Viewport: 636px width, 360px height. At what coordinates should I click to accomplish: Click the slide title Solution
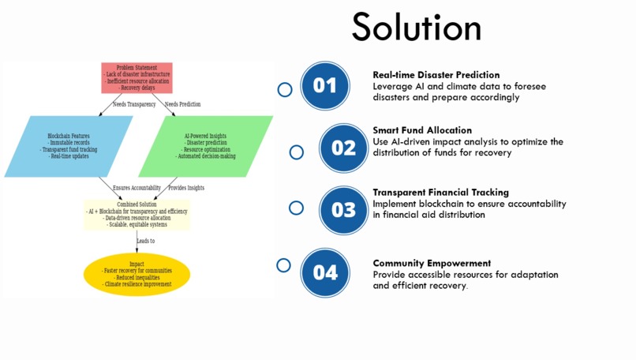tap(417, 28)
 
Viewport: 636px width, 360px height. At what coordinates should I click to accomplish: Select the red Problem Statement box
tap(137, 77)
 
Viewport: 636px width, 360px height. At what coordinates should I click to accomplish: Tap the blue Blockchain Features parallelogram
tap(69, 146)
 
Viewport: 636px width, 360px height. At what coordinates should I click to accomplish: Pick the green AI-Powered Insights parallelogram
tap(205, 146)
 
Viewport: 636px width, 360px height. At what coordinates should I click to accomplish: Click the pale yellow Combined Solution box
tap(137, 215)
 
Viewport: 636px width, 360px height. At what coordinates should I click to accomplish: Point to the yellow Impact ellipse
tap(137, 274)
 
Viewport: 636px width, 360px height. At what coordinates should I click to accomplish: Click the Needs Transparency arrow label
tap(134, 104)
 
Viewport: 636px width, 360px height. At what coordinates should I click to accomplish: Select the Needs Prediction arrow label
tap(182, 104)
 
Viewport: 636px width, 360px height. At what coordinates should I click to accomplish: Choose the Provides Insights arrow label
tap(186, 188)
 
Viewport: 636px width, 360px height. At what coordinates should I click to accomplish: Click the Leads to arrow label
tap(145, 241)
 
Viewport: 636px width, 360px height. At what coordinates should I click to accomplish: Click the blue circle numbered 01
tap(324, 85)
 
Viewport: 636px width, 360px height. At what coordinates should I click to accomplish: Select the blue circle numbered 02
tap(343, 148)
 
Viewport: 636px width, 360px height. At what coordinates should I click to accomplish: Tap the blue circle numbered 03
tap(343, 210)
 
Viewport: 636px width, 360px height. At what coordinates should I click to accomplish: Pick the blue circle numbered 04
tap(324, 272)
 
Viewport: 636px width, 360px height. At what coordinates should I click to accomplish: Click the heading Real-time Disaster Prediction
tap(436, 75)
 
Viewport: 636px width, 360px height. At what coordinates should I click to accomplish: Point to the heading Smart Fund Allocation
tap(422, 130)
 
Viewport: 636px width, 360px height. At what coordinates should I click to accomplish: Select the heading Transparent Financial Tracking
tap(440, 192)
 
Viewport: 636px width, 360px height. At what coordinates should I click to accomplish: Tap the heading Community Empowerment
tap(432, 263)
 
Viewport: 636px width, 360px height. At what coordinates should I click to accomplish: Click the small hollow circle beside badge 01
tap(285, 89)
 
